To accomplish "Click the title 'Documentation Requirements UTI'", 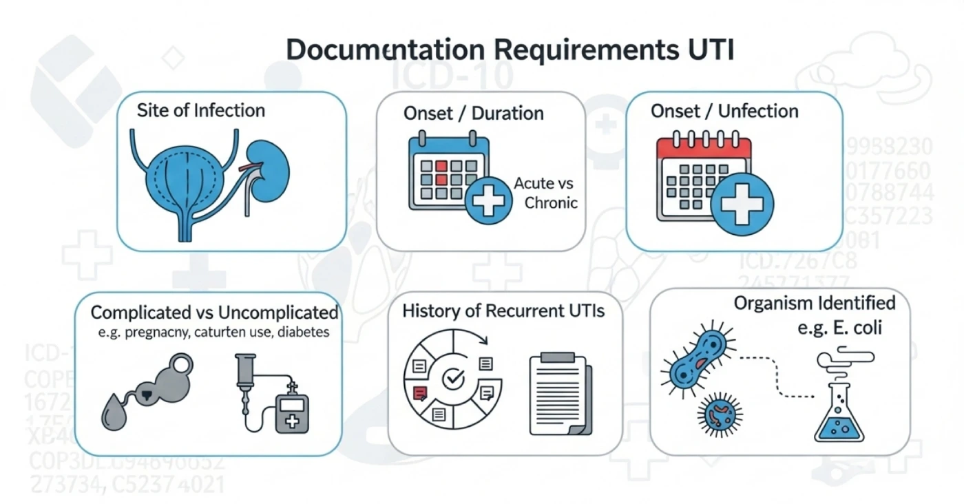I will click(x=510, y=52).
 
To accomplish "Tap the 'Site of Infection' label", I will click(x=201, y=110).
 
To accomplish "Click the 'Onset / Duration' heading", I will click(x=474, y=113).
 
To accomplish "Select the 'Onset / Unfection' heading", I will click(x=724, y=112).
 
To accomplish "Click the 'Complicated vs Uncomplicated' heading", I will click(x=214, y=313).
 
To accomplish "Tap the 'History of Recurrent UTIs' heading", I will click(x=503, y=311).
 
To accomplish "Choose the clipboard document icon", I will click(x=559, y=395).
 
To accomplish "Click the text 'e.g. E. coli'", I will click(x=839, y=328).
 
